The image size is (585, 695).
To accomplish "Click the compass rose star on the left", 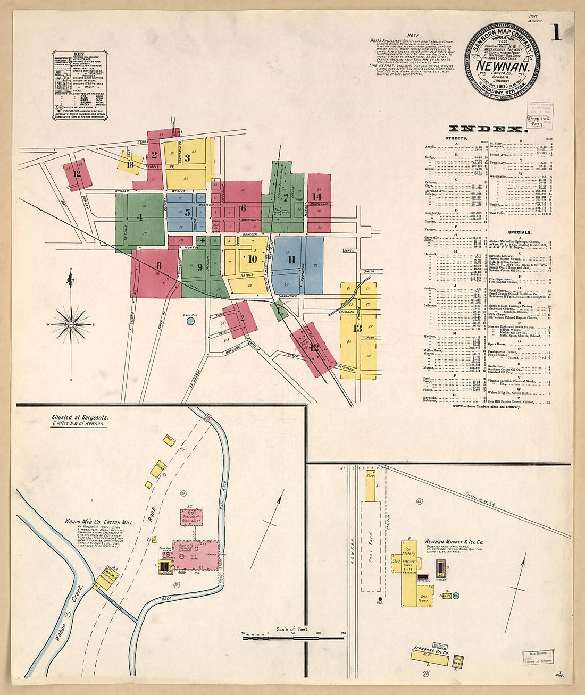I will point(71,324).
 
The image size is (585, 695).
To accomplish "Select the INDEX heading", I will point(487,129).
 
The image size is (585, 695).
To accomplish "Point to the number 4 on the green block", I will point(140,217).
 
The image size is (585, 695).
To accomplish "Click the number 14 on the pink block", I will point(318,197).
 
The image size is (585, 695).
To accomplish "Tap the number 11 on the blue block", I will point(291,260).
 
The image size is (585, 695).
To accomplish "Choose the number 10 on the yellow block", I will point(252,259).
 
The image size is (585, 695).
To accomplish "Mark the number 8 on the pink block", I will point(158,265).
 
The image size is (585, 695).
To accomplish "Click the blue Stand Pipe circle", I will point(191,321).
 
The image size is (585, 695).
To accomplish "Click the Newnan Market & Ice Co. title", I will point(454,542).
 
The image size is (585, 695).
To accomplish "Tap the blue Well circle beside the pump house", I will point(456,597).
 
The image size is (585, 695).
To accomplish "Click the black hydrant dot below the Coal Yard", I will point(380,599).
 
